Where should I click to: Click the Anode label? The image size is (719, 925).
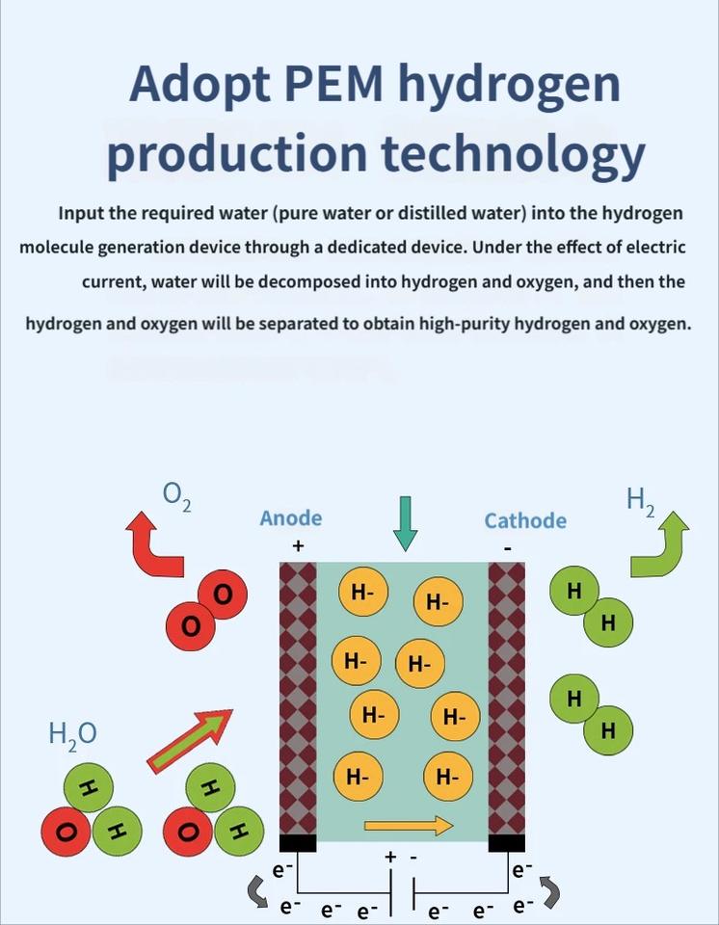[291, 518]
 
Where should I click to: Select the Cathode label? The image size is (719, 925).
[525, 520]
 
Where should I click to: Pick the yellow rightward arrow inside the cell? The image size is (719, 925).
[409, 825]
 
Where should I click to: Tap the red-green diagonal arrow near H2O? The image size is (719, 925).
[190, 740]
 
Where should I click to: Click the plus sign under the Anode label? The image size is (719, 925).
[298, 546]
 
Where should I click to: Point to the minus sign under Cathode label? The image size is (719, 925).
[508, 548]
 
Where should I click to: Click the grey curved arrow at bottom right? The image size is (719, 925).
[548, 892]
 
